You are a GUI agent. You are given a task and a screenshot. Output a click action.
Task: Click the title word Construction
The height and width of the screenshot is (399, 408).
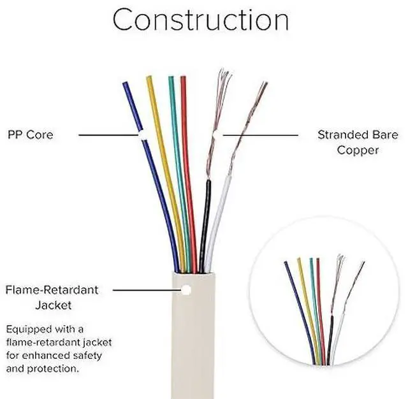201,20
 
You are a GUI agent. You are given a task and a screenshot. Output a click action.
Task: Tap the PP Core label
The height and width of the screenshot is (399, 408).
31,134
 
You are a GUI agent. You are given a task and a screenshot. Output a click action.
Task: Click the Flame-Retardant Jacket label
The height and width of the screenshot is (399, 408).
52,297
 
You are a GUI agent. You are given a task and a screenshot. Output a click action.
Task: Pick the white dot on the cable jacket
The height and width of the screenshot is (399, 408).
187,290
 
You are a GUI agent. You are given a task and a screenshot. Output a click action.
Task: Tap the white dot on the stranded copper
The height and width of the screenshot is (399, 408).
217,135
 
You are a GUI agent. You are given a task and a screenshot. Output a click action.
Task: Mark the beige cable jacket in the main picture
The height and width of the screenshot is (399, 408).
194,344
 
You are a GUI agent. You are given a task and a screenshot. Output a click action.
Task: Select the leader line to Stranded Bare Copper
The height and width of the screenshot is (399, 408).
261,135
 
